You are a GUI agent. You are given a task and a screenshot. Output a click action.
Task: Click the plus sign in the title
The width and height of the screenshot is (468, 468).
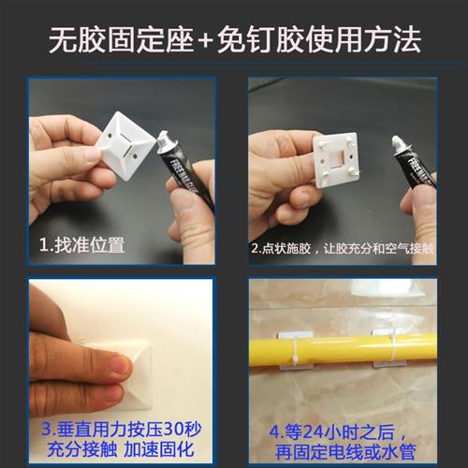(x=202, y=39)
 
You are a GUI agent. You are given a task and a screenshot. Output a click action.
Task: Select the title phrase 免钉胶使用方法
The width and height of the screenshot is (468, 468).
(x=316, y=39)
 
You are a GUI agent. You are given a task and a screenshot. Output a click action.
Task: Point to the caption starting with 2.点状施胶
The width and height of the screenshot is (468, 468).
(x=343, y=250)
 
